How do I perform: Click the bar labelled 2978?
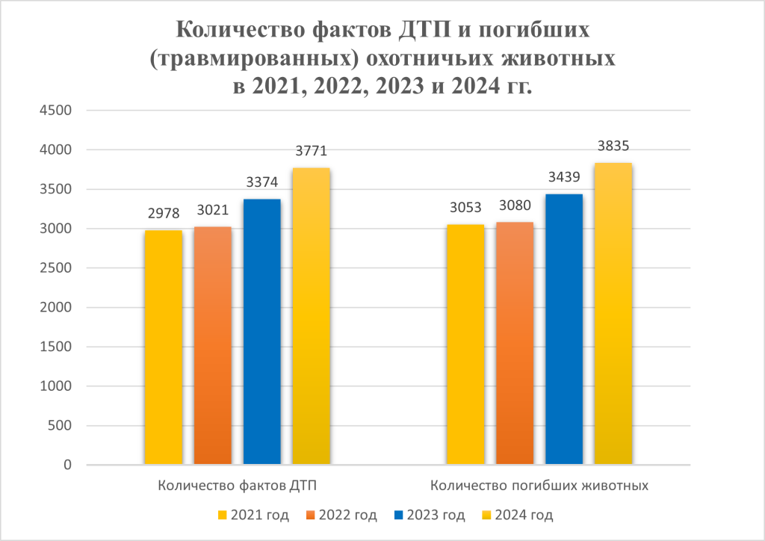pos(163,347)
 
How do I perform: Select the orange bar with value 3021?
pos(213,346)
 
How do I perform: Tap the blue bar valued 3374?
pos(262,333)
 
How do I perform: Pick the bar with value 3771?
pos(312,317)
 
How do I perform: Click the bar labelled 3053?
pos(465,344)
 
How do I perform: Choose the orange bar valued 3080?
pos(514,344)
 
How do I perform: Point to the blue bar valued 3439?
pos(564,330)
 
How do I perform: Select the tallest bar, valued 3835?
pos(613,314)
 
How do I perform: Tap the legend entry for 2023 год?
pos(429,515)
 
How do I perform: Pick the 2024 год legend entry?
pos(517,515)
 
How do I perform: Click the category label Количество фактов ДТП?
pos(237,485)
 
